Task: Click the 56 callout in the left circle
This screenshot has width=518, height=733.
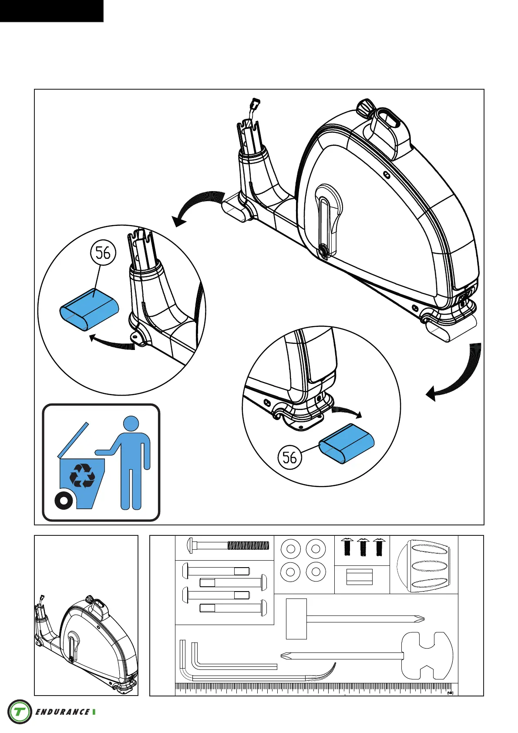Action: tap(103, 252)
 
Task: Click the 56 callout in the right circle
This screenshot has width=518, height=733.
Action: tap(289, 457)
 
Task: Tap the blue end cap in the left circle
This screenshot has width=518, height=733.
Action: tap(89, 309)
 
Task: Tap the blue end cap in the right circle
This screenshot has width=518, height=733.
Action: tap(347, 444)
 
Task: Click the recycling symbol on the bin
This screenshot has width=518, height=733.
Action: tap(82, 475)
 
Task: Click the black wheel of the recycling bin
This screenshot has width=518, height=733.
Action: tap(64, 501)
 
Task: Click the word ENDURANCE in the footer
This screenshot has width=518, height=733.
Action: tap(62, 712)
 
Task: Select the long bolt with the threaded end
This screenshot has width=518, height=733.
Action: tap(228, 545)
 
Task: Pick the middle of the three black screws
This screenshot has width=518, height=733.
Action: tap(363, 547)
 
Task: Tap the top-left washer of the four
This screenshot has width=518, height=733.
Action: tap(291, 548)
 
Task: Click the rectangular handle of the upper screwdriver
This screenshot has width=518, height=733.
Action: tap(296, 619)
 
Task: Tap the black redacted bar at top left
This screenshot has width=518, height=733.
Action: tap(51, 10)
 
